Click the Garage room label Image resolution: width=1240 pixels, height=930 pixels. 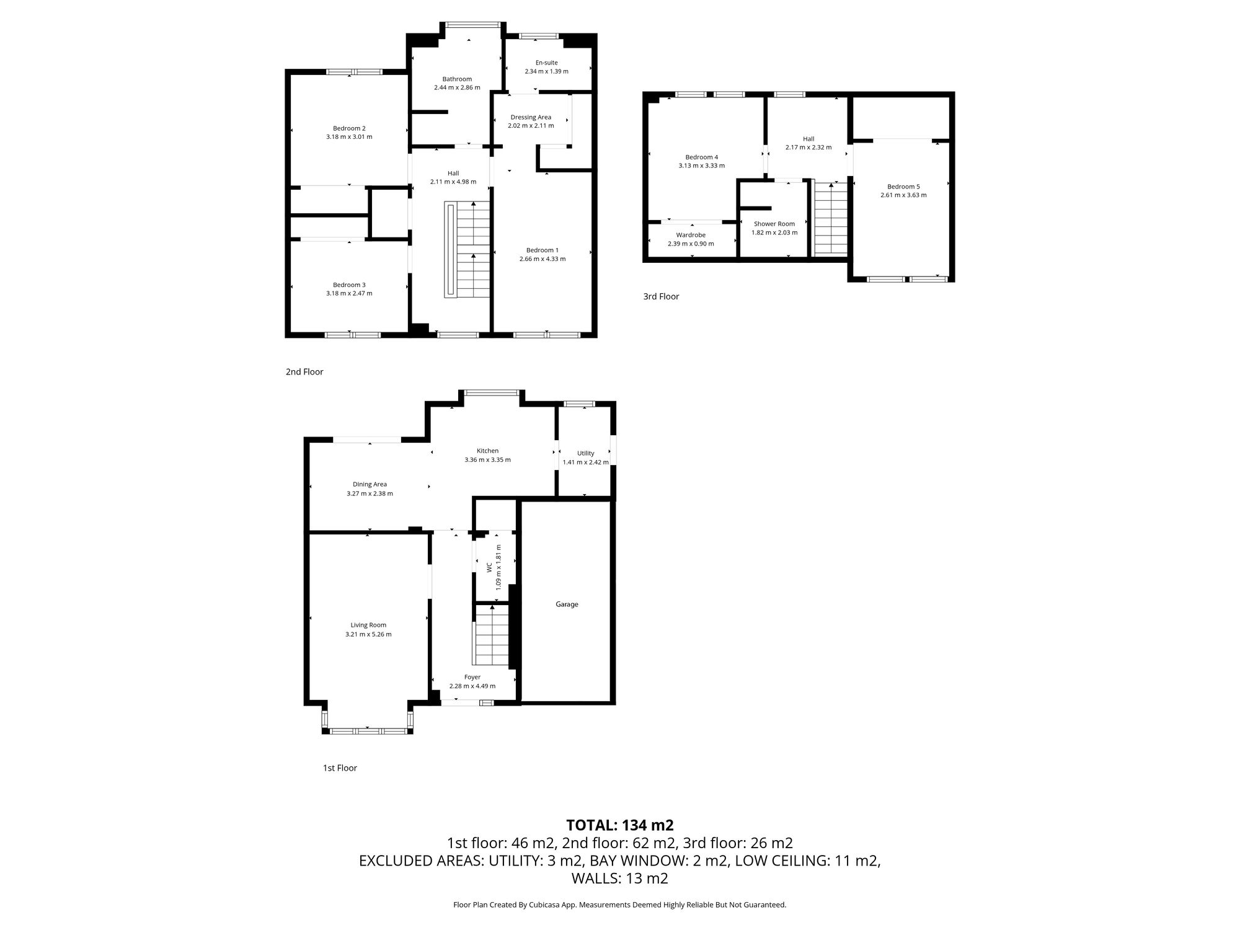point(567,604)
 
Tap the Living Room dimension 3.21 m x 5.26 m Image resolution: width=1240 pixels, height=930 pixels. point(368,634)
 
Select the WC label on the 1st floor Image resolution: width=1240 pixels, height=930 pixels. point(489,567)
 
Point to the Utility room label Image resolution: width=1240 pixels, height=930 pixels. point(585,453)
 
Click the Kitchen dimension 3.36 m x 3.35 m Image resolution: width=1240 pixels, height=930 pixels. point(487,460)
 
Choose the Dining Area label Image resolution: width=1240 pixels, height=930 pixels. point(370,484)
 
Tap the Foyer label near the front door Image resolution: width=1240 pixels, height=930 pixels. point(472,677)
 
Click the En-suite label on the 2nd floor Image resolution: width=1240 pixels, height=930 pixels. point(546,63)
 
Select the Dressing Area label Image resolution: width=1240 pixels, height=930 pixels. point(531,117)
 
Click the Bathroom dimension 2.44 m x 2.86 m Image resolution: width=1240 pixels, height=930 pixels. point(457,87)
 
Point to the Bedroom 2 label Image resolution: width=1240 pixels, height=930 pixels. point(349,128)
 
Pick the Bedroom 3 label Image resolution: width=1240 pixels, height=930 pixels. point(349,285)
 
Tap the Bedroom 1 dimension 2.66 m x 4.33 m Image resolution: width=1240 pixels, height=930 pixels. point(542,259)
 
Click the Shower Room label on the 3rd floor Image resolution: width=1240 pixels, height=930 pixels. point(774,224)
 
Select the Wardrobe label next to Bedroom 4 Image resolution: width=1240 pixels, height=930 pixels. point(691,235)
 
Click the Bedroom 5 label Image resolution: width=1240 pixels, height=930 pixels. point(903,187)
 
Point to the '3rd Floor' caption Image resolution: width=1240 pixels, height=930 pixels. point(661,296)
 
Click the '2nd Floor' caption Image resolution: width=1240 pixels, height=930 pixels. point(304,372)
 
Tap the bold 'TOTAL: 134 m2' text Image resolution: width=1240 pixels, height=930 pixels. point(619,825)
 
